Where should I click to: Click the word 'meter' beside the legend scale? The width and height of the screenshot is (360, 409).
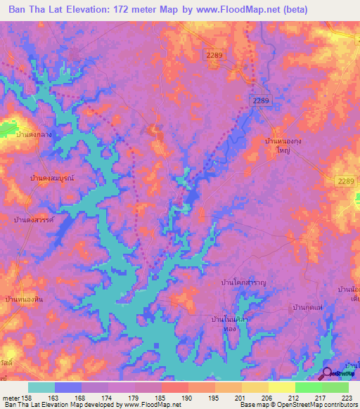[9, 397]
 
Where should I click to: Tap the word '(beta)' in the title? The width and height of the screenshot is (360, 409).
[324, 10]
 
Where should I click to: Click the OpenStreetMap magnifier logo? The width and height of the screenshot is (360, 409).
[327, 373]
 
